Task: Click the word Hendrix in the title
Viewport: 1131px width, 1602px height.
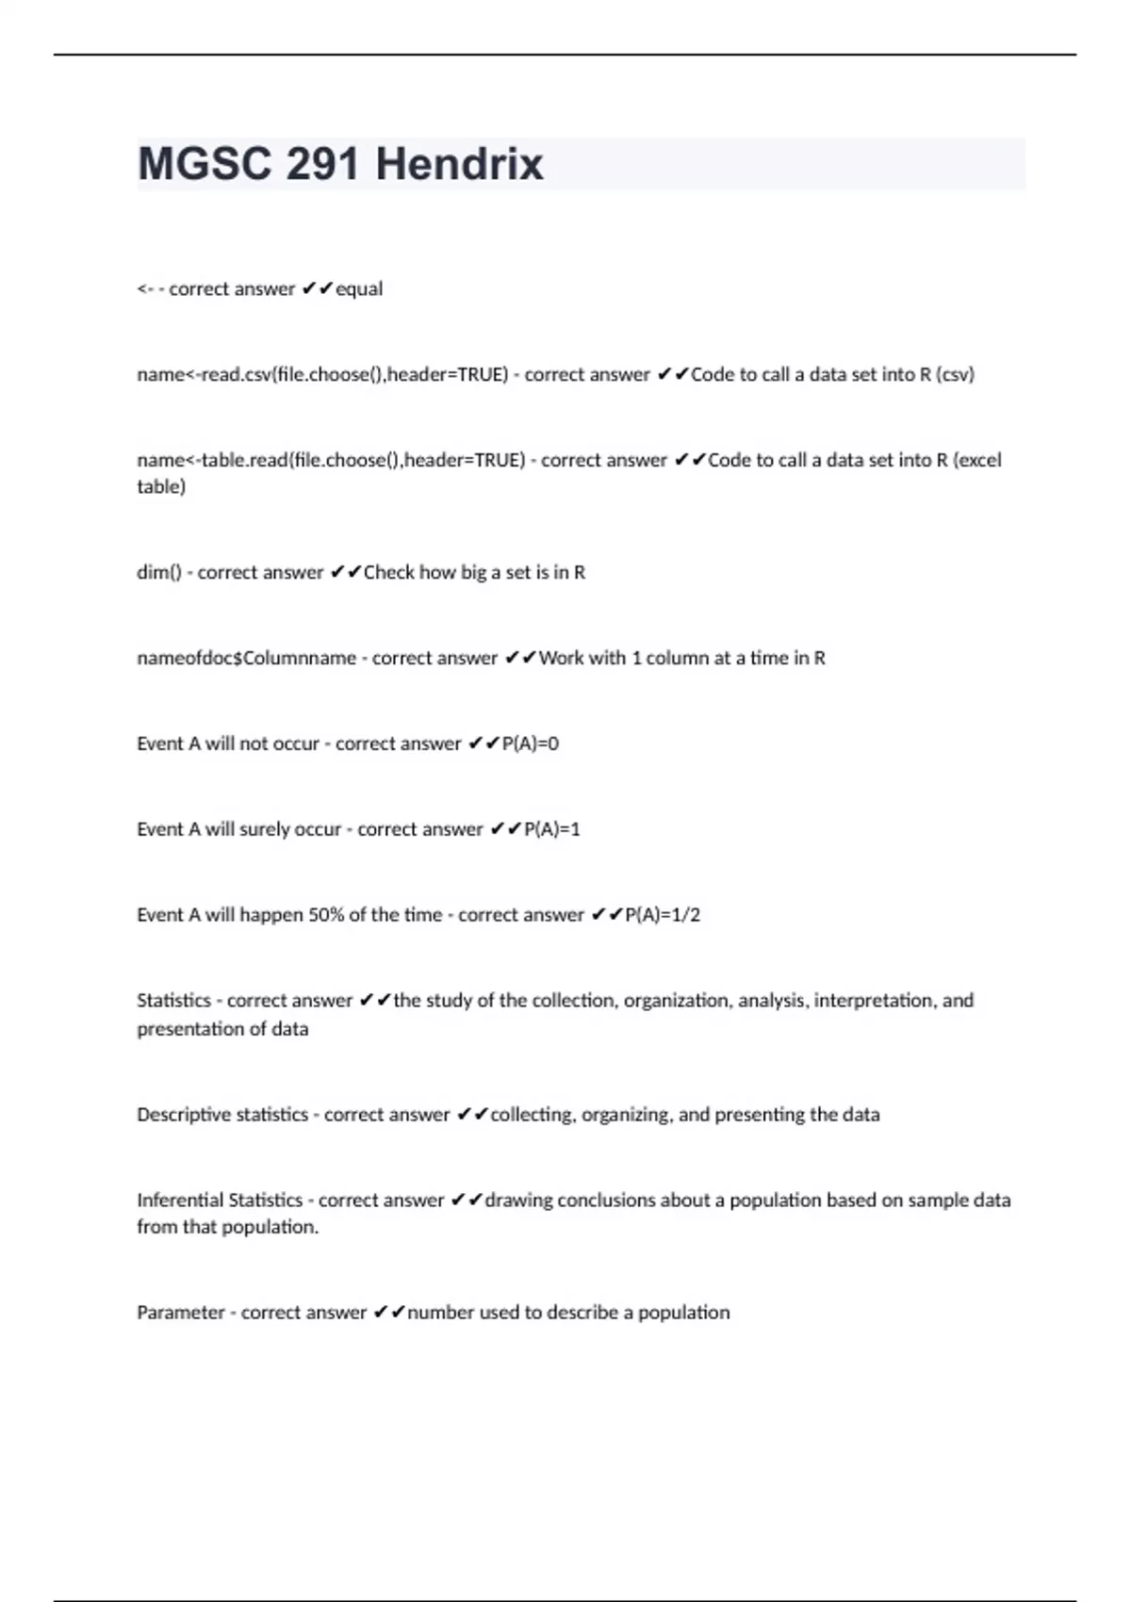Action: (x=459, y=165)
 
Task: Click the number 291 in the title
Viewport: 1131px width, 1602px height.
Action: (x=323, y=165)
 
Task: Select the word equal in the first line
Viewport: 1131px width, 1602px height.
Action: (x=359, y=289)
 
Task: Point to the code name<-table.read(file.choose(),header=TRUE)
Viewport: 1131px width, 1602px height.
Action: (x=331, y=461)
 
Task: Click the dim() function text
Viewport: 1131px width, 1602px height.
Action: (x=158, y=573)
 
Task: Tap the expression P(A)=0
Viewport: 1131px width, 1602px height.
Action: (x=531, y=744)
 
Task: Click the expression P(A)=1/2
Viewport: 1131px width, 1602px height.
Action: (x=663, y=915)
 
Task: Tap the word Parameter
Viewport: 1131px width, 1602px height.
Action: (x=181, y=1313)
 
